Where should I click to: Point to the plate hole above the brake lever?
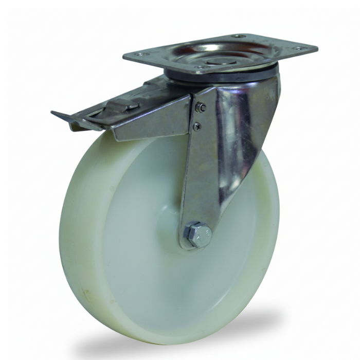tap(141, 54)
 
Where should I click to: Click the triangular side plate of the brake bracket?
tap(154, 121)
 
